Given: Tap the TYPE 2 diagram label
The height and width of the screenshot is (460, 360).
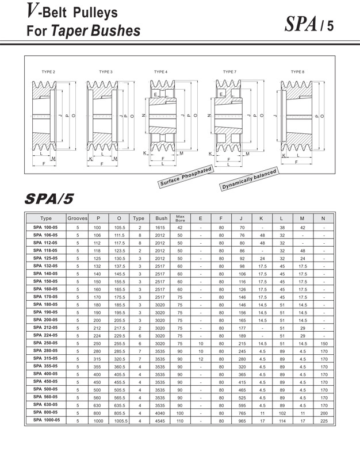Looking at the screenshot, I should (48, 72).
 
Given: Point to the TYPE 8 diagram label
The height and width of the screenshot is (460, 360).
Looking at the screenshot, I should (297, 72).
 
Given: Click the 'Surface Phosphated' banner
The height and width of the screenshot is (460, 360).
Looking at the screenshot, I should (186, 177).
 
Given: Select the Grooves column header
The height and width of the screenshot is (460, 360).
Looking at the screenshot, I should (77, 218).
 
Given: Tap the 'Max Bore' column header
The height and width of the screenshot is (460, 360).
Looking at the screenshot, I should (180, 218).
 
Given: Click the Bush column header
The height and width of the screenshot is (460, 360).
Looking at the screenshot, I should (161, 218).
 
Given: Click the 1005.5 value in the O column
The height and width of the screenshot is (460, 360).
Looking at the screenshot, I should (119, 421).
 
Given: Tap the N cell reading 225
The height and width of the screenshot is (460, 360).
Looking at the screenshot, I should (324, 421).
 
